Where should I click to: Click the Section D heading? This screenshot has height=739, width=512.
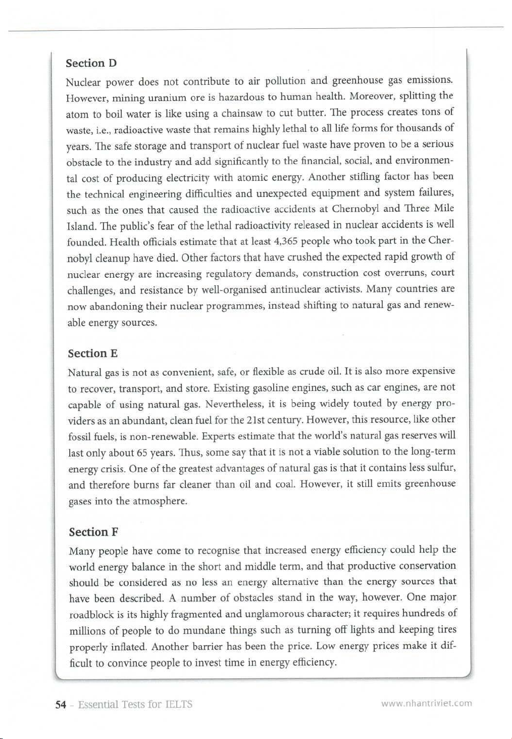(91, 63)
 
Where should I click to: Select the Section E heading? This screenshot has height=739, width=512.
(92, 353)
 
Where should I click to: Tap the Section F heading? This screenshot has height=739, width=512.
(93, 532)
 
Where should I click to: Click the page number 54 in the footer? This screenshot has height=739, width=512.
(61, 705)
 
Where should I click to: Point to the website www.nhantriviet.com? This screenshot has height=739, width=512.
(427, 703)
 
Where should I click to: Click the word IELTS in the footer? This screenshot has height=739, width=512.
(179, 705)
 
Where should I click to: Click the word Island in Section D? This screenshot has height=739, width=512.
(78, 226)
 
